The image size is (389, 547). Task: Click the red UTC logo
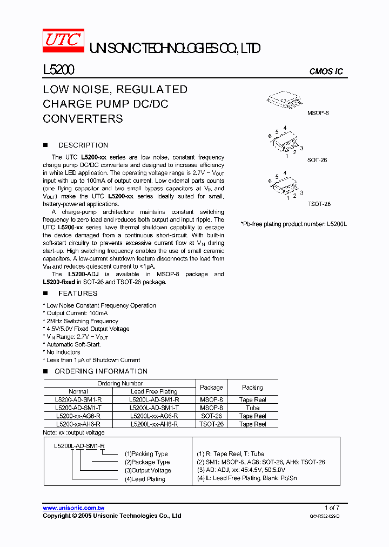point(63,41)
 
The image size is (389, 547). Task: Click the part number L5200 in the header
point(58,70)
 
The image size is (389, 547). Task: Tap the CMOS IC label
point(326,72)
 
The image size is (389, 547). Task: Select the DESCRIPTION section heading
point(83,145)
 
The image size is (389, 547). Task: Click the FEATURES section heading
point(78,293)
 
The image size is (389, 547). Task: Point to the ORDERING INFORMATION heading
point(101,371)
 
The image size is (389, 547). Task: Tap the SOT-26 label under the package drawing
point(317,161)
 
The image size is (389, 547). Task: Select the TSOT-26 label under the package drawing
point(319,204)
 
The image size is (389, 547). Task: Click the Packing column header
point(252,388)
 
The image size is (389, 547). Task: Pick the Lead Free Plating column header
point(154,391)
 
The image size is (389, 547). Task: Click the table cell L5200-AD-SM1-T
point(78,408)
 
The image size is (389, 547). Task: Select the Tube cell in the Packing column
point(252,408)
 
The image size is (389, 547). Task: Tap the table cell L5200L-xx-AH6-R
point(154,424)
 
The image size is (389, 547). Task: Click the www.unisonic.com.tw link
point(73,508)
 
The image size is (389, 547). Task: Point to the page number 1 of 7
point(332,508)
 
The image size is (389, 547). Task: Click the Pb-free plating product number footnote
point(293,224)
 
